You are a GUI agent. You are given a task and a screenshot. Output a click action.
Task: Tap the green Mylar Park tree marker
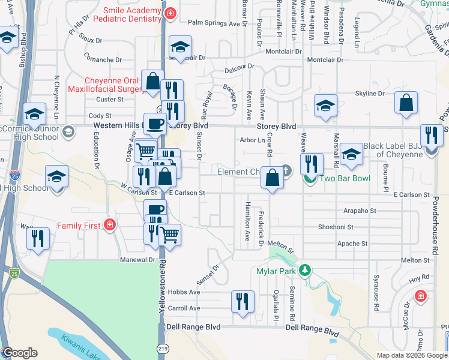click(x=306, y=271)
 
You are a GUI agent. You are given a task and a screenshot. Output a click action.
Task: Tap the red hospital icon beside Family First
click(x=110, y=226)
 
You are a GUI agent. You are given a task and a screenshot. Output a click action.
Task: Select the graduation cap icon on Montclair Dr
click(x=179, y=47)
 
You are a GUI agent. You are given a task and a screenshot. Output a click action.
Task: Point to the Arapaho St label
click(x=360, y=211)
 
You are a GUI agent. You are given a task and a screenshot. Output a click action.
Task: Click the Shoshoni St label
click(x=336, y=227)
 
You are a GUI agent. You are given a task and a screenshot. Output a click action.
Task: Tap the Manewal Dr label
click(x=139, y=260)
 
